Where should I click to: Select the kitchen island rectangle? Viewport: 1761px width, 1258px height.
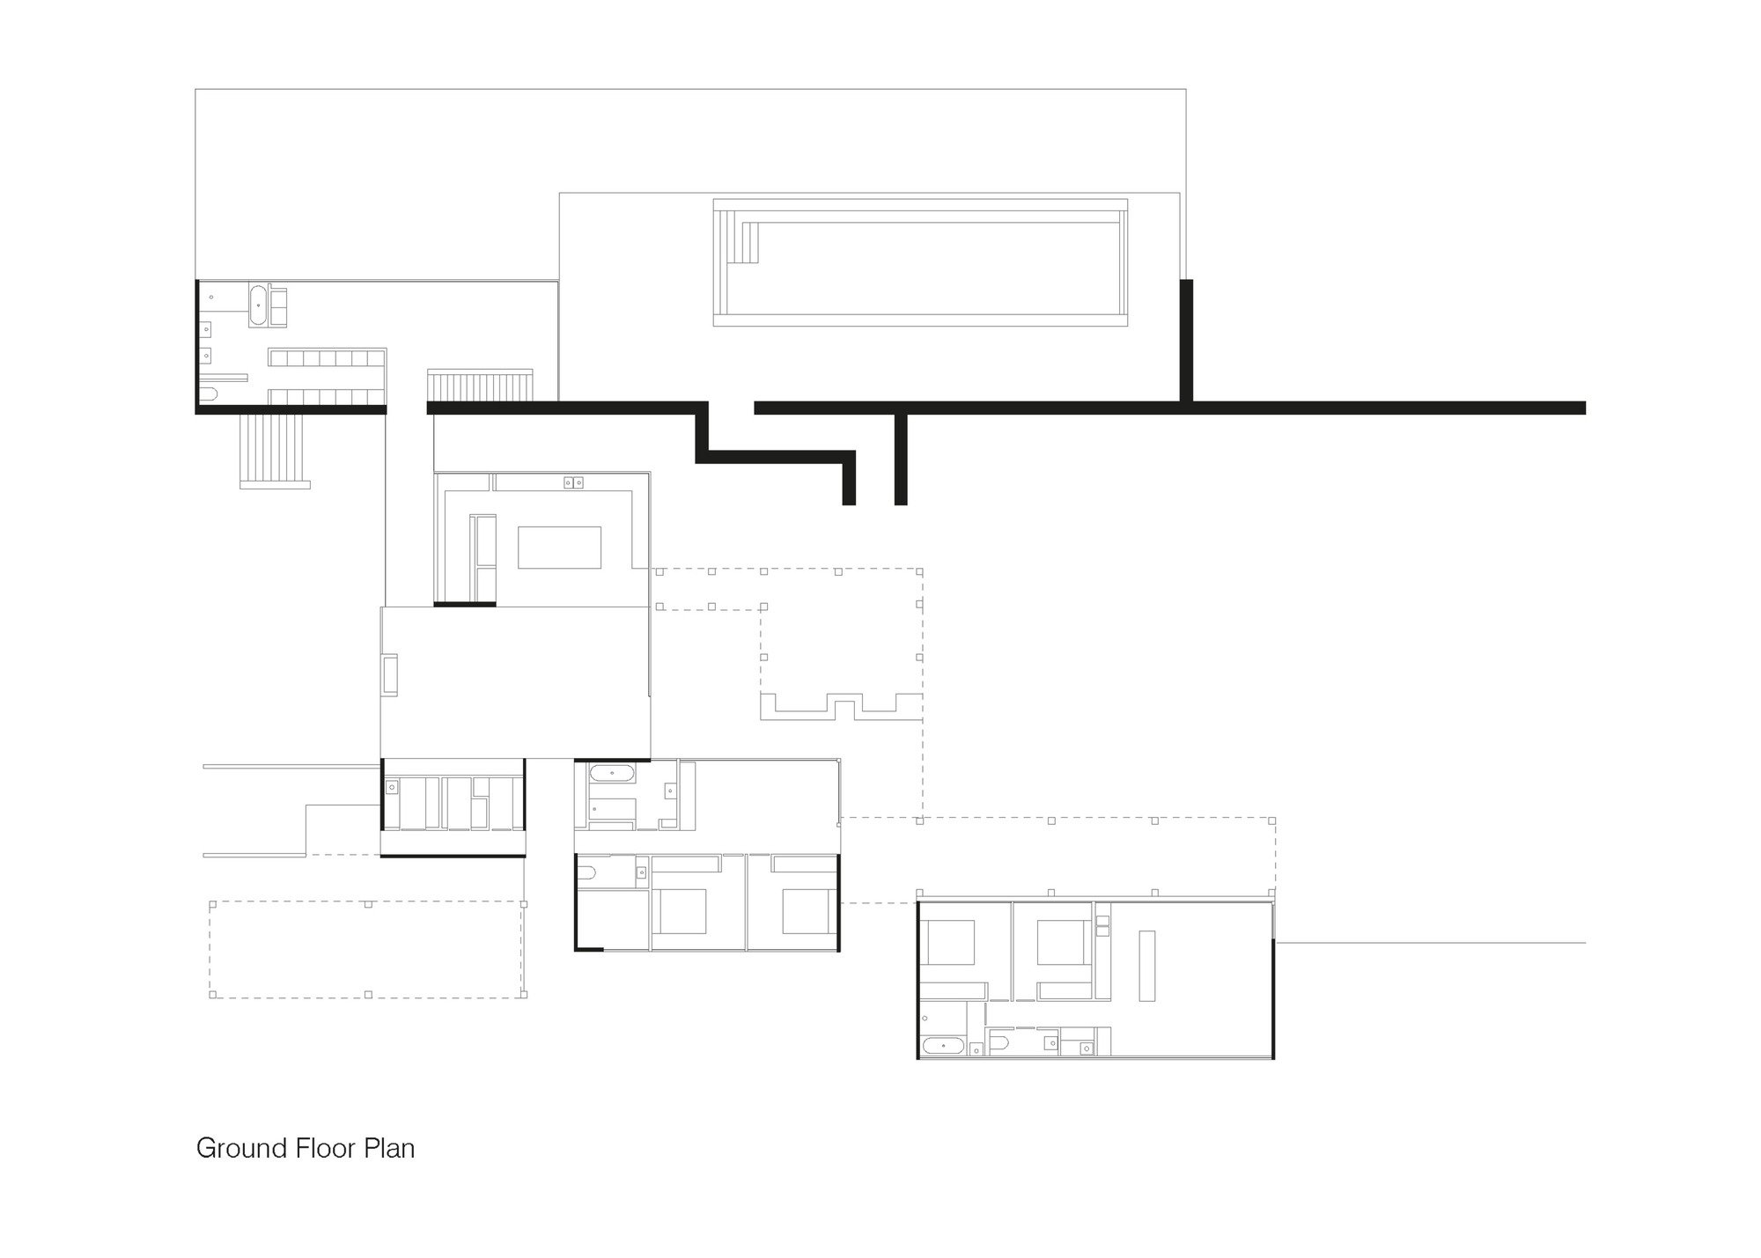tap(559, 548)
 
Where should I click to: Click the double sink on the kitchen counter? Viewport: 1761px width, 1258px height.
tap(573, 482)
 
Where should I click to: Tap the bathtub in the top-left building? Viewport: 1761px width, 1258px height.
tap(259, 305)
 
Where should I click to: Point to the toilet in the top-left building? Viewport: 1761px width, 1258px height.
tap(208, 393)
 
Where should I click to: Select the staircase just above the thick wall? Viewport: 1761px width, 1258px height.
tap(481, 386)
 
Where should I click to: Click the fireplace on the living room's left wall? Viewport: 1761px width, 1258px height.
tap(389, 675)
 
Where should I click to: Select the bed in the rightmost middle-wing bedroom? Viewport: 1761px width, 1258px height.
tap(805, 912)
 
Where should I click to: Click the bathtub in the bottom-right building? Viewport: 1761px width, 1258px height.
tap(943, 1047)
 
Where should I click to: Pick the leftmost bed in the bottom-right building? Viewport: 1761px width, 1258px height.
tap(948, 942)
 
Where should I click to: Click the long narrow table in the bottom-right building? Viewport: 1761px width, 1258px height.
tap(1146, 966)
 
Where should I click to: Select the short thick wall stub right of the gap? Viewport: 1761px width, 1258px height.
tap(900, 458)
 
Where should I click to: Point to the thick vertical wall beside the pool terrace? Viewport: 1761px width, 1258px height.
tap(1186, 339)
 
